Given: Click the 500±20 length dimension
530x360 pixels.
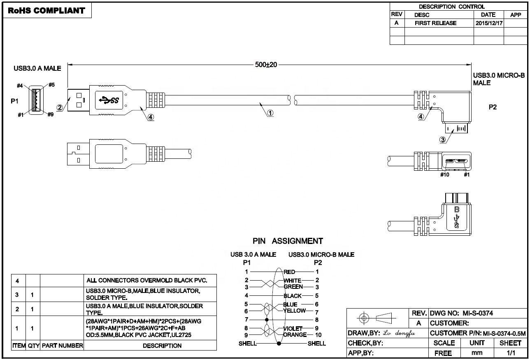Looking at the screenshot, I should pos(266,65).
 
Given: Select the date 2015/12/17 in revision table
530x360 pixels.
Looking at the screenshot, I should pos(488,23).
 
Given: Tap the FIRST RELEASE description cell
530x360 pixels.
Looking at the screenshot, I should pos(435,23).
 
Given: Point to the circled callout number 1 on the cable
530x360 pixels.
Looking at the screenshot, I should pos(270,113).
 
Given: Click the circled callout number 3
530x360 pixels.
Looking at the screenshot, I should pos(443,139).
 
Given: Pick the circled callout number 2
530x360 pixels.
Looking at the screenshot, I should pos(60,107).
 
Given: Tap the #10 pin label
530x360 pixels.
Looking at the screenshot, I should pos(444,175).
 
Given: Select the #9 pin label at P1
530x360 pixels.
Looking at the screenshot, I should pos(50,115).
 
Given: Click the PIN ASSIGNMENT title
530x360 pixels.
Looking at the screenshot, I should pos(288,241).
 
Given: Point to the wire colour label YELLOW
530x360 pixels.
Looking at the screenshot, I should pos(295,311).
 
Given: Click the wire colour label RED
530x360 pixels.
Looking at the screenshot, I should pos(290,272).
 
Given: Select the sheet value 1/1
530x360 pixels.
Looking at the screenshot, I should pos(511,353).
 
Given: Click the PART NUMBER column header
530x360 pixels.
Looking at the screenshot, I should pos(62,346).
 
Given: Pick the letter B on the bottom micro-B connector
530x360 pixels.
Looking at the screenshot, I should pos(456,209).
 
